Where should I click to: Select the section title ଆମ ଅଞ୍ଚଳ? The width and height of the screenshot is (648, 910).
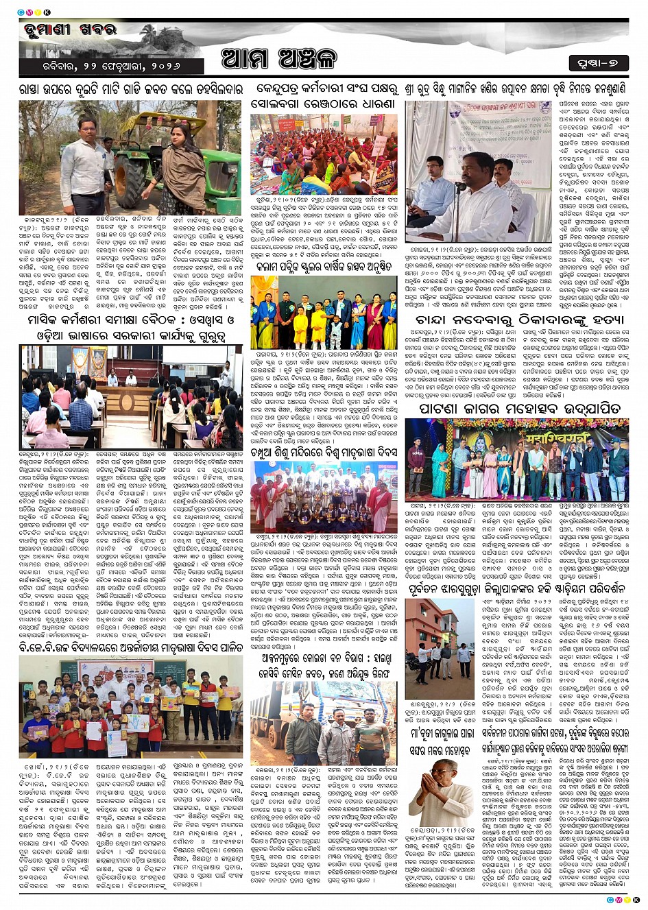tap(279, 59)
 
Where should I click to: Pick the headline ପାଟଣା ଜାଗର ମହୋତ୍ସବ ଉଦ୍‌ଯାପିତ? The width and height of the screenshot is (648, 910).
tap(520, 409)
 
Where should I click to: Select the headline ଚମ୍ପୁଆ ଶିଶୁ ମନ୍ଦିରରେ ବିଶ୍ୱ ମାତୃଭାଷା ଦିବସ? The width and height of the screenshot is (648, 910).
tap(323, 452)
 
